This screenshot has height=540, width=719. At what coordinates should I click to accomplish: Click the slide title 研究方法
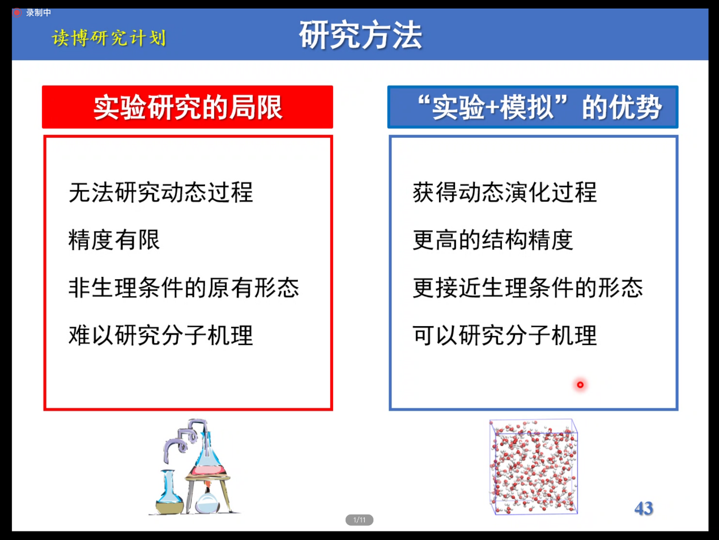click(x=360, y=35)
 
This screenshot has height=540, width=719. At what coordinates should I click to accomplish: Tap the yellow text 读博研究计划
click(x=109, y=37)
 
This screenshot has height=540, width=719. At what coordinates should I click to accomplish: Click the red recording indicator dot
click(x=16, y=13)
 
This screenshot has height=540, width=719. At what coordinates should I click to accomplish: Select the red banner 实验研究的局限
click(x=188, y=107)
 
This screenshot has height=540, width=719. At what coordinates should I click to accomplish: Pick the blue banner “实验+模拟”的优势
click(x=533, y=107)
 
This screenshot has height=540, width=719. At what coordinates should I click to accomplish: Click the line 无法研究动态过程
click(x=161, y=192)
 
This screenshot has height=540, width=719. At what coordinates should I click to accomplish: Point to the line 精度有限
click(x=114, y=240)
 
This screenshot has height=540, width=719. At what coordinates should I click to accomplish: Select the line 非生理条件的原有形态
click(x=184, y=288)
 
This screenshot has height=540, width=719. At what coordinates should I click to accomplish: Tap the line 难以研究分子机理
click(x=161, y=335)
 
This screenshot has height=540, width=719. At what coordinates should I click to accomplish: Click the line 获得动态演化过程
click(x=505, y=192)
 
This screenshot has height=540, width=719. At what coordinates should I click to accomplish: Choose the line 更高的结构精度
click(x=493, y=240)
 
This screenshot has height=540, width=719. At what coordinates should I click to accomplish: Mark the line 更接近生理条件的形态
click(x=527, y=288)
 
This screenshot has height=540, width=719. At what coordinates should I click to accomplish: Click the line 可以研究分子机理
click(x=505, y=335)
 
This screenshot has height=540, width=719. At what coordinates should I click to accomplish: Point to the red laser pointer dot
click(x=580, y=385)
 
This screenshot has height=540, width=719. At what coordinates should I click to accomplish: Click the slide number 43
click(x=644, y=508)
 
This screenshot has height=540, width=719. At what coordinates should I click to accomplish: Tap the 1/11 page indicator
click(x=359, y=520)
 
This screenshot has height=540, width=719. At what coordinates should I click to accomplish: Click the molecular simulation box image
click(x=533, y=467)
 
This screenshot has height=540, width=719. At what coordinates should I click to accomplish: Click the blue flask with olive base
click(x=169, y=492)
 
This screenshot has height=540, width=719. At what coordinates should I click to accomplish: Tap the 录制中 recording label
click(x=39, y=12)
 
